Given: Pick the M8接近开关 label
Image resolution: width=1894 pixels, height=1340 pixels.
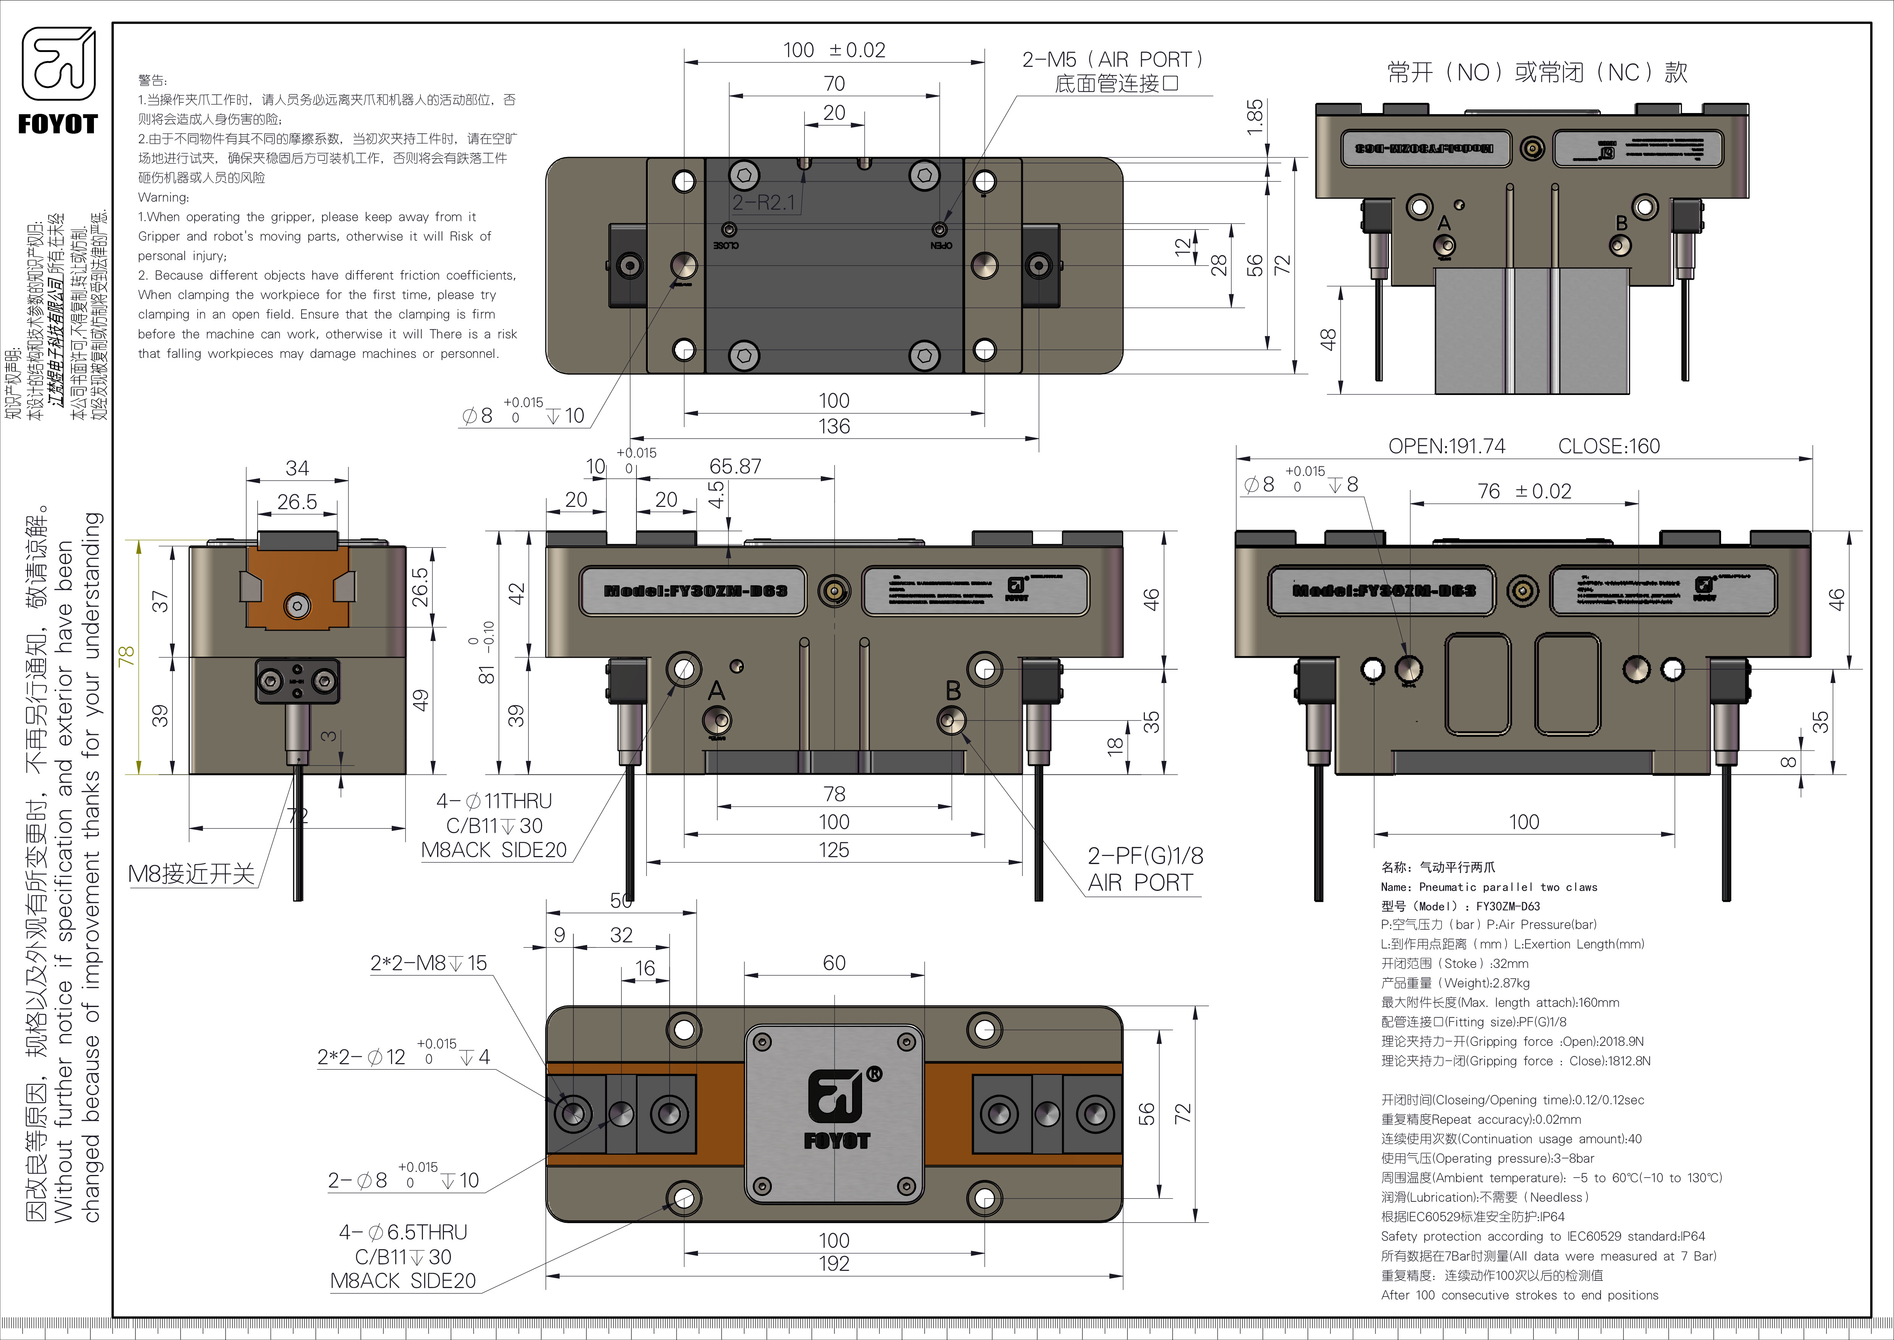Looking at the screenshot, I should [191, 874].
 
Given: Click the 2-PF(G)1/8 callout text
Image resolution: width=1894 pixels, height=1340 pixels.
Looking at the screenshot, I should [1145, 856].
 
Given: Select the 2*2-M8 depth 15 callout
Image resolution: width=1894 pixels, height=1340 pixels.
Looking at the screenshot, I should [428, 963].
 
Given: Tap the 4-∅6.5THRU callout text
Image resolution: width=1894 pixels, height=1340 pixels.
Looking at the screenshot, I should [402, 1232].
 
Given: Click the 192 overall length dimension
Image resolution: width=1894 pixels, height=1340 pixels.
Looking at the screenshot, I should [834, 1263].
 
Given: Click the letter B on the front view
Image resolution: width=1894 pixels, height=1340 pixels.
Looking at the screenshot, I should [953, 690].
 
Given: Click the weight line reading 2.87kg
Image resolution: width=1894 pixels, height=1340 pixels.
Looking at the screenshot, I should [1455, 983].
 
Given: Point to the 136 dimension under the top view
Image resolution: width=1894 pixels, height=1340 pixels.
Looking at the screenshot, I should [834, 427].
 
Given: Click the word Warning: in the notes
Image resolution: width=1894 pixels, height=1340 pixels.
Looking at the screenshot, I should [163, 197].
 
